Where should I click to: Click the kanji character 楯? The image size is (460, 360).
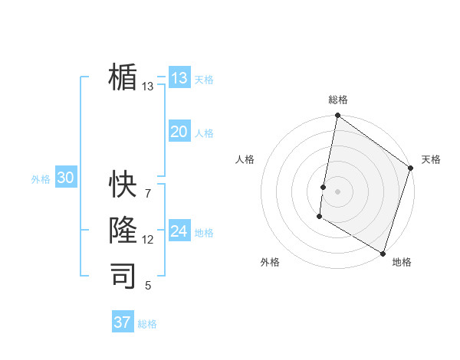pos(123,77)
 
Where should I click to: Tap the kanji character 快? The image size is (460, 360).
pos(123,184)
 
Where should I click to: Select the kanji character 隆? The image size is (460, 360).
pos(123,230)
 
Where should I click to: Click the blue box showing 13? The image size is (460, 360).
pos(179,78)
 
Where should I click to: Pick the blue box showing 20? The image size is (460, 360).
pos(179,132)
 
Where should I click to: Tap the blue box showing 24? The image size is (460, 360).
pos(179,231)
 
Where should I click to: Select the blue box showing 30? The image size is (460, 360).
pos(65,178)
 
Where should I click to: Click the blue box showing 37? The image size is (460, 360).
pos(123,322)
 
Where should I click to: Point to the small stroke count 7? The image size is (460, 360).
pos(147,193)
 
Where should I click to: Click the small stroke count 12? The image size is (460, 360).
pos(147,240)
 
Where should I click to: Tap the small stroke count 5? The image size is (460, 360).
pos(148,286)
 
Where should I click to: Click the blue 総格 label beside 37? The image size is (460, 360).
pos(147,324)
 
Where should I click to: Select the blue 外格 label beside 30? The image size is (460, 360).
pos(41,179)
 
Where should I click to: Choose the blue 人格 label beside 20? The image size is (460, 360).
pos(204,133)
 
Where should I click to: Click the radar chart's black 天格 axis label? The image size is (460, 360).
pos(431,159)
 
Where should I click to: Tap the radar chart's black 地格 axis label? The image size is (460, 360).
pos(402,262)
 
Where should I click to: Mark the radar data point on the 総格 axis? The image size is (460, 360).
pos(337,116)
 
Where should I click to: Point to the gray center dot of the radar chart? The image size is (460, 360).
pos(337,191)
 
